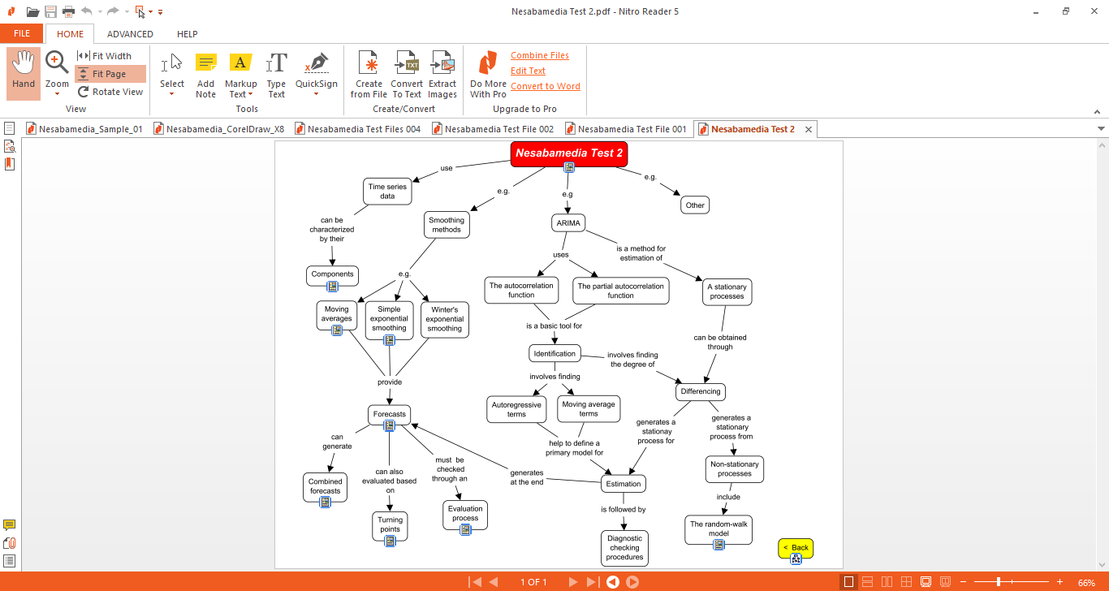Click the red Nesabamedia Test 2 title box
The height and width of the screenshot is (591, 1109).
(568, 153)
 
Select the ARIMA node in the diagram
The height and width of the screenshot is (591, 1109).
(567, 223)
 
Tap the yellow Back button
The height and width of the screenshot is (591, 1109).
(796, 547)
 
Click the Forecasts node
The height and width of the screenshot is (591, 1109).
(389, 414)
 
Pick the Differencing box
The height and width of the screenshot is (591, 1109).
(700, 391)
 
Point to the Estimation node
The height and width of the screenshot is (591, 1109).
(623, 484)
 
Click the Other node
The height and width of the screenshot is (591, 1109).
(695, 205)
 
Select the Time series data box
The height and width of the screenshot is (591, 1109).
(387, 192)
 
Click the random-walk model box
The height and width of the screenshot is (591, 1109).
(718, 528)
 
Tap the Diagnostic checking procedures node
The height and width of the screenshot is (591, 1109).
(624, 548)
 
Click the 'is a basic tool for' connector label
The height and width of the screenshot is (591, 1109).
(554, 326)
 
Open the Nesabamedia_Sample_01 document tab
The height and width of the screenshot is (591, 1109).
(90, 129)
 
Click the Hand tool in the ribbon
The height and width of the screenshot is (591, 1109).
(24, 72)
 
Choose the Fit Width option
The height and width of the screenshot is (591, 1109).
(110, 56)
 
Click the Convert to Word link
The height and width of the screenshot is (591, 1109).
(545, 86)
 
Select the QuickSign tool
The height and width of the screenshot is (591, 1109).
(316, 72)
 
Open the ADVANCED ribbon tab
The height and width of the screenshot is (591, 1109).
(130, 34)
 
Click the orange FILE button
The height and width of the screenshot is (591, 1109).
(22, 34)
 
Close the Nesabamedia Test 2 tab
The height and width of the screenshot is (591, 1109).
(809, 129)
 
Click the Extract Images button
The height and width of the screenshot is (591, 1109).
(442, 75)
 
